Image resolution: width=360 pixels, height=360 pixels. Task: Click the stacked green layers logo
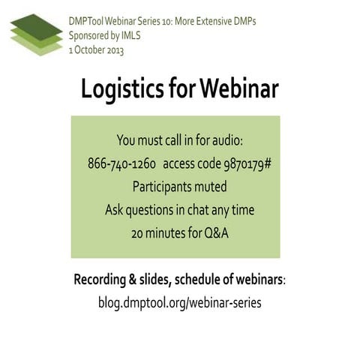tap(36, 34)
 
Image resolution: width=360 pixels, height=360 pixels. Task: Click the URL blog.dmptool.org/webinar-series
tap(180, 303)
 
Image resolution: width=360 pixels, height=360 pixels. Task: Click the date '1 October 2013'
tap(96, 50)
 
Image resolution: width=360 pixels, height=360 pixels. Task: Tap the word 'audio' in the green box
tap(224, 140)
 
